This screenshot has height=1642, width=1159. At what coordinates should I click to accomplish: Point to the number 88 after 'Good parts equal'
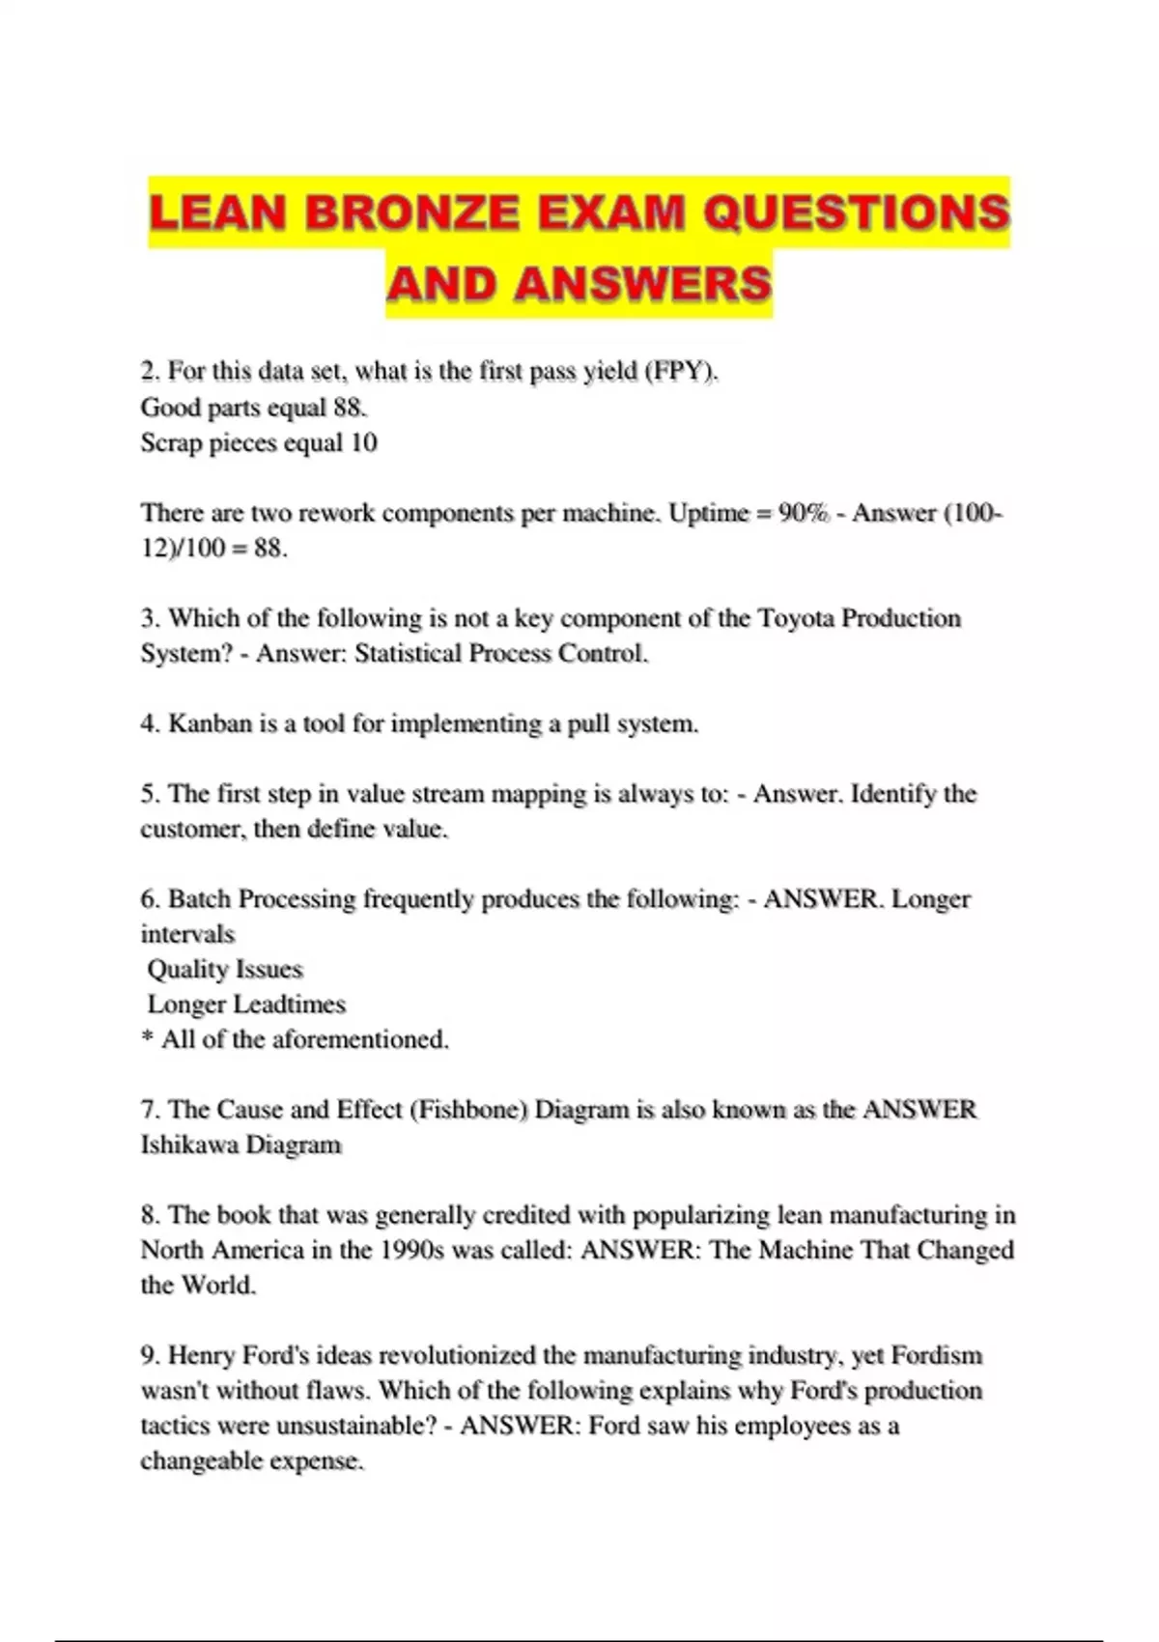point(349,407)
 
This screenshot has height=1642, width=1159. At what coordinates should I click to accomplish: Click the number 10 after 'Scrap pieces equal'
point(364,442)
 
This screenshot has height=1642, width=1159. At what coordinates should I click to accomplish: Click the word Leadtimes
point(290,1004)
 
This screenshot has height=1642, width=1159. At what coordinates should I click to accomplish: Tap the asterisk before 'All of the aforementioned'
point(148,1039)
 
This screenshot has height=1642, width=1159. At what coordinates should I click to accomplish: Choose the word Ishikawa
point(189,1145)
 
